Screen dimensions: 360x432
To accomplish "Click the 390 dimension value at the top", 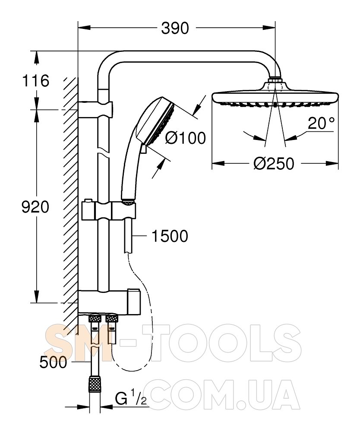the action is point(175,28).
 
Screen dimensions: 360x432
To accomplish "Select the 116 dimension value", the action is point(35,81).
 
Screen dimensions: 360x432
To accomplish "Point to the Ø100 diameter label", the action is point(185,138).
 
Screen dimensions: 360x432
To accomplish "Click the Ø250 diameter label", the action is point(274,164).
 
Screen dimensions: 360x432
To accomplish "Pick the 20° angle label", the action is point(321,123).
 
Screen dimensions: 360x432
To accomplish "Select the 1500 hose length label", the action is point(170,236).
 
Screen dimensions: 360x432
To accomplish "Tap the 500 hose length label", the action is point(53,362).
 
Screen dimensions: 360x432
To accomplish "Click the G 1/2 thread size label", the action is point(131,398).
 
